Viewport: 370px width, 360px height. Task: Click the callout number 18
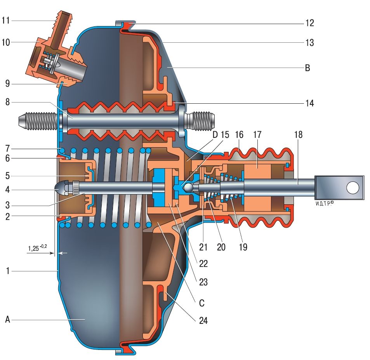[298, 135]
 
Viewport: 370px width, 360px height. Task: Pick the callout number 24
[203, 320]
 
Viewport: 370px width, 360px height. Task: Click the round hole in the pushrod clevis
[353, 188]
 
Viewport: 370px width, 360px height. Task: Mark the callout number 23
[203, 282]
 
